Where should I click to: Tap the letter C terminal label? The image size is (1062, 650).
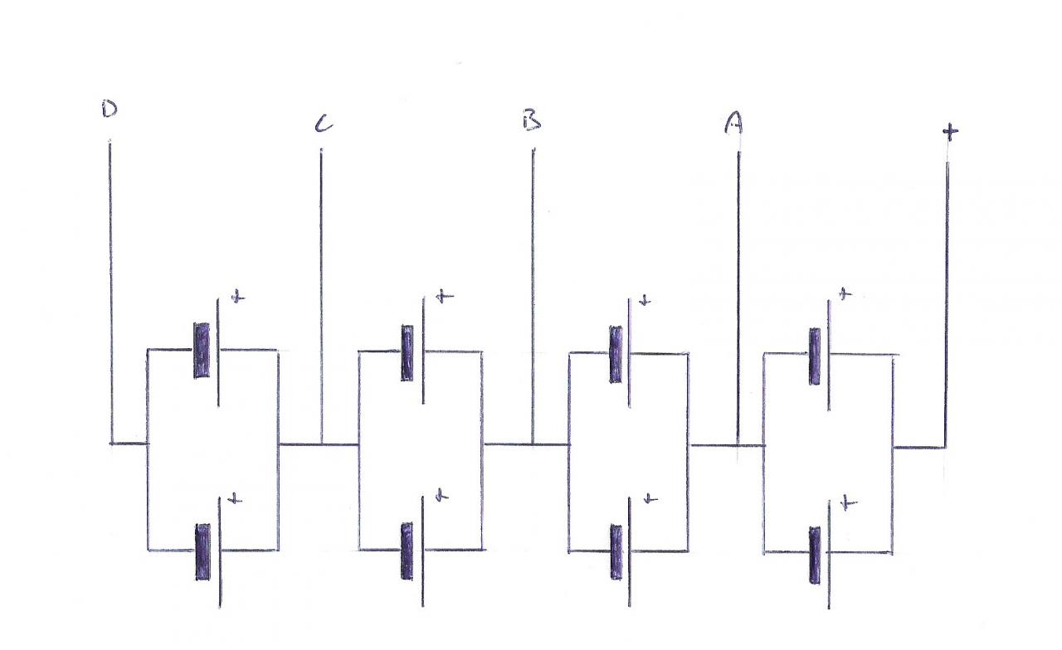(323, 124)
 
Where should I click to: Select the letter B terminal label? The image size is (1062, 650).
(532, 121)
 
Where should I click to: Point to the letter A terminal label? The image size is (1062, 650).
(733, 123)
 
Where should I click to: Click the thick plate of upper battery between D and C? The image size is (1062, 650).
(202, 351)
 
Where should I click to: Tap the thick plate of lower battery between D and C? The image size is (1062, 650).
(202, 551)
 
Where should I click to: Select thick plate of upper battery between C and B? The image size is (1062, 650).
(407, 352)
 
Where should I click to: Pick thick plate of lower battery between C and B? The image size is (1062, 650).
(407, 551)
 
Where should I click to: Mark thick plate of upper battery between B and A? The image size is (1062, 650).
(616, 354)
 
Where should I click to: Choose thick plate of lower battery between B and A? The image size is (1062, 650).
(616, 552)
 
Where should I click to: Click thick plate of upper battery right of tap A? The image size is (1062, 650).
(815, 357)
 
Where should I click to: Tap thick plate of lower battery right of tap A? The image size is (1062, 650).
(815, 555)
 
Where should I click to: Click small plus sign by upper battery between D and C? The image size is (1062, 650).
(237, 297)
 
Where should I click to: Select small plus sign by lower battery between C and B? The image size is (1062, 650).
(442, 496)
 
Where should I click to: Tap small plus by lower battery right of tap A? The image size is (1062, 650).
(849, 502)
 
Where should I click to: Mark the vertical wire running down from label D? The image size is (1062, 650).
(110, 290)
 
